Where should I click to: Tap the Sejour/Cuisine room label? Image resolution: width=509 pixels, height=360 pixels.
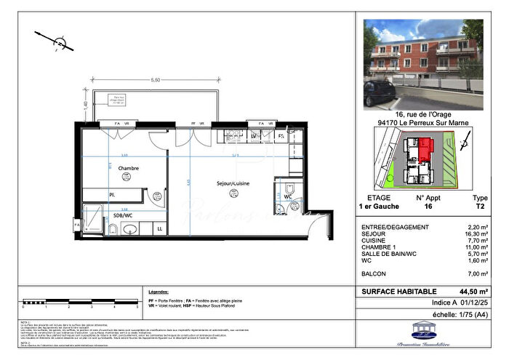[233, 184]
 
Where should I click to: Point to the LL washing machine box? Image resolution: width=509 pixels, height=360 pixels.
[160, 229]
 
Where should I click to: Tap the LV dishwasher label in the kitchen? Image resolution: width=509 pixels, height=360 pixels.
[254, 135]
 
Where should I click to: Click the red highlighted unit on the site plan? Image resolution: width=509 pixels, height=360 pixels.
[424, 150]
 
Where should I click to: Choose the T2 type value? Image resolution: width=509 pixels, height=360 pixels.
[481, 207]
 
